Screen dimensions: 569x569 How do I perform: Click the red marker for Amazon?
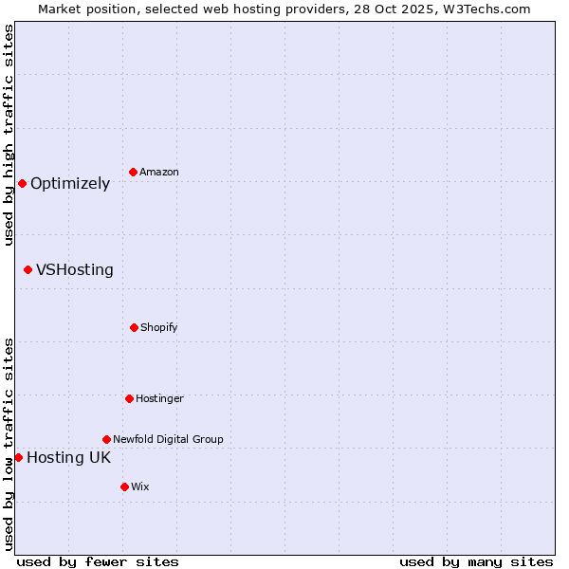(134, 172)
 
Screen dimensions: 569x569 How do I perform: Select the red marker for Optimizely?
(22, 183)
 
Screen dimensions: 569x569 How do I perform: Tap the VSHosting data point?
(28, 269)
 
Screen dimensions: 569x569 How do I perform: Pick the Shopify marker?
(134, 327)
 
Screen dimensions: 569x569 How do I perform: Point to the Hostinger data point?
(129, 398)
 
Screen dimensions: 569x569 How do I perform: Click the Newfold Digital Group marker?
(106, 439)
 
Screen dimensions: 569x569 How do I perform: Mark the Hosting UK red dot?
(18, 457)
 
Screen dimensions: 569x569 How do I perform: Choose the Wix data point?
(124, 486)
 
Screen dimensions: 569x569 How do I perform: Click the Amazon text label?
(159, 172)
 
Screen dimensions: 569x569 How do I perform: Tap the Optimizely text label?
(70, 183)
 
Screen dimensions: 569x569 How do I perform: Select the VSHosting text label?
(75, 269)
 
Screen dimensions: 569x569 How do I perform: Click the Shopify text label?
(159, 327)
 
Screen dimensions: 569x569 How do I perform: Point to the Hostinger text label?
(159, 398)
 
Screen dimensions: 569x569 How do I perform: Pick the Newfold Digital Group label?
(168, 439)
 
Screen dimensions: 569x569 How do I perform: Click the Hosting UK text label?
(68, 457)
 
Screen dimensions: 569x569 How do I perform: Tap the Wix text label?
(140, 486)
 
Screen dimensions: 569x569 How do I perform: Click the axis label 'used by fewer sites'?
(98, 561)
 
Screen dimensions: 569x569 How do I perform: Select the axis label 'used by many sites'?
(476, 561)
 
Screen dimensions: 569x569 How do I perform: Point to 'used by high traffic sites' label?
(9, 135)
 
